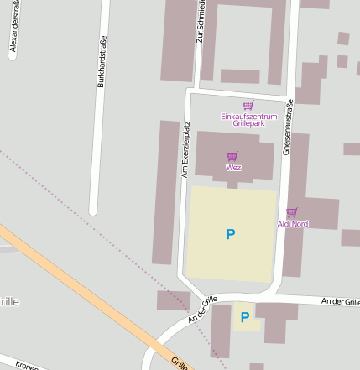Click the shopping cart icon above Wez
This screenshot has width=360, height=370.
(x=232, y=156)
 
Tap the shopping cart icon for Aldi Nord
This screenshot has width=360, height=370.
(x=292, y=213)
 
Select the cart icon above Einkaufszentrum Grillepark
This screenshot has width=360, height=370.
(x=248, y=105)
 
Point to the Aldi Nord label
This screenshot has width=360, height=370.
(x=293, y=224)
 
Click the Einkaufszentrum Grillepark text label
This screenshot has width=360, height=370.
(x=248, y=119)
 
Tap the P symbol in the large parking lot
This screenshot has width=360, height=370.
(x=231, y=234)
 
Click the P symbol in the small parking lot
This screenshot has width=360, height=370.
(x=245, y=316)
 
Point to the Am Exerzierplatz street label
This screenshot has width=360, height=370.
(x=186, y=149)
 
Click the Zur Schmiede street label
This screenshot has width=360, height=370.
(x=200, y=21)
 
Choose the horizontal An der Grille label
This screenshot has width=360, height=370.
(x=340, y=301)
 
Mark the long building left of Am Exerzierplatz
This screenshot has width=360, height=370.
(x=166, y=192)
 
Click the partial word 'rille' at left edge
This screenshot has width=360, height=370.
(x=9, y=301)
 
